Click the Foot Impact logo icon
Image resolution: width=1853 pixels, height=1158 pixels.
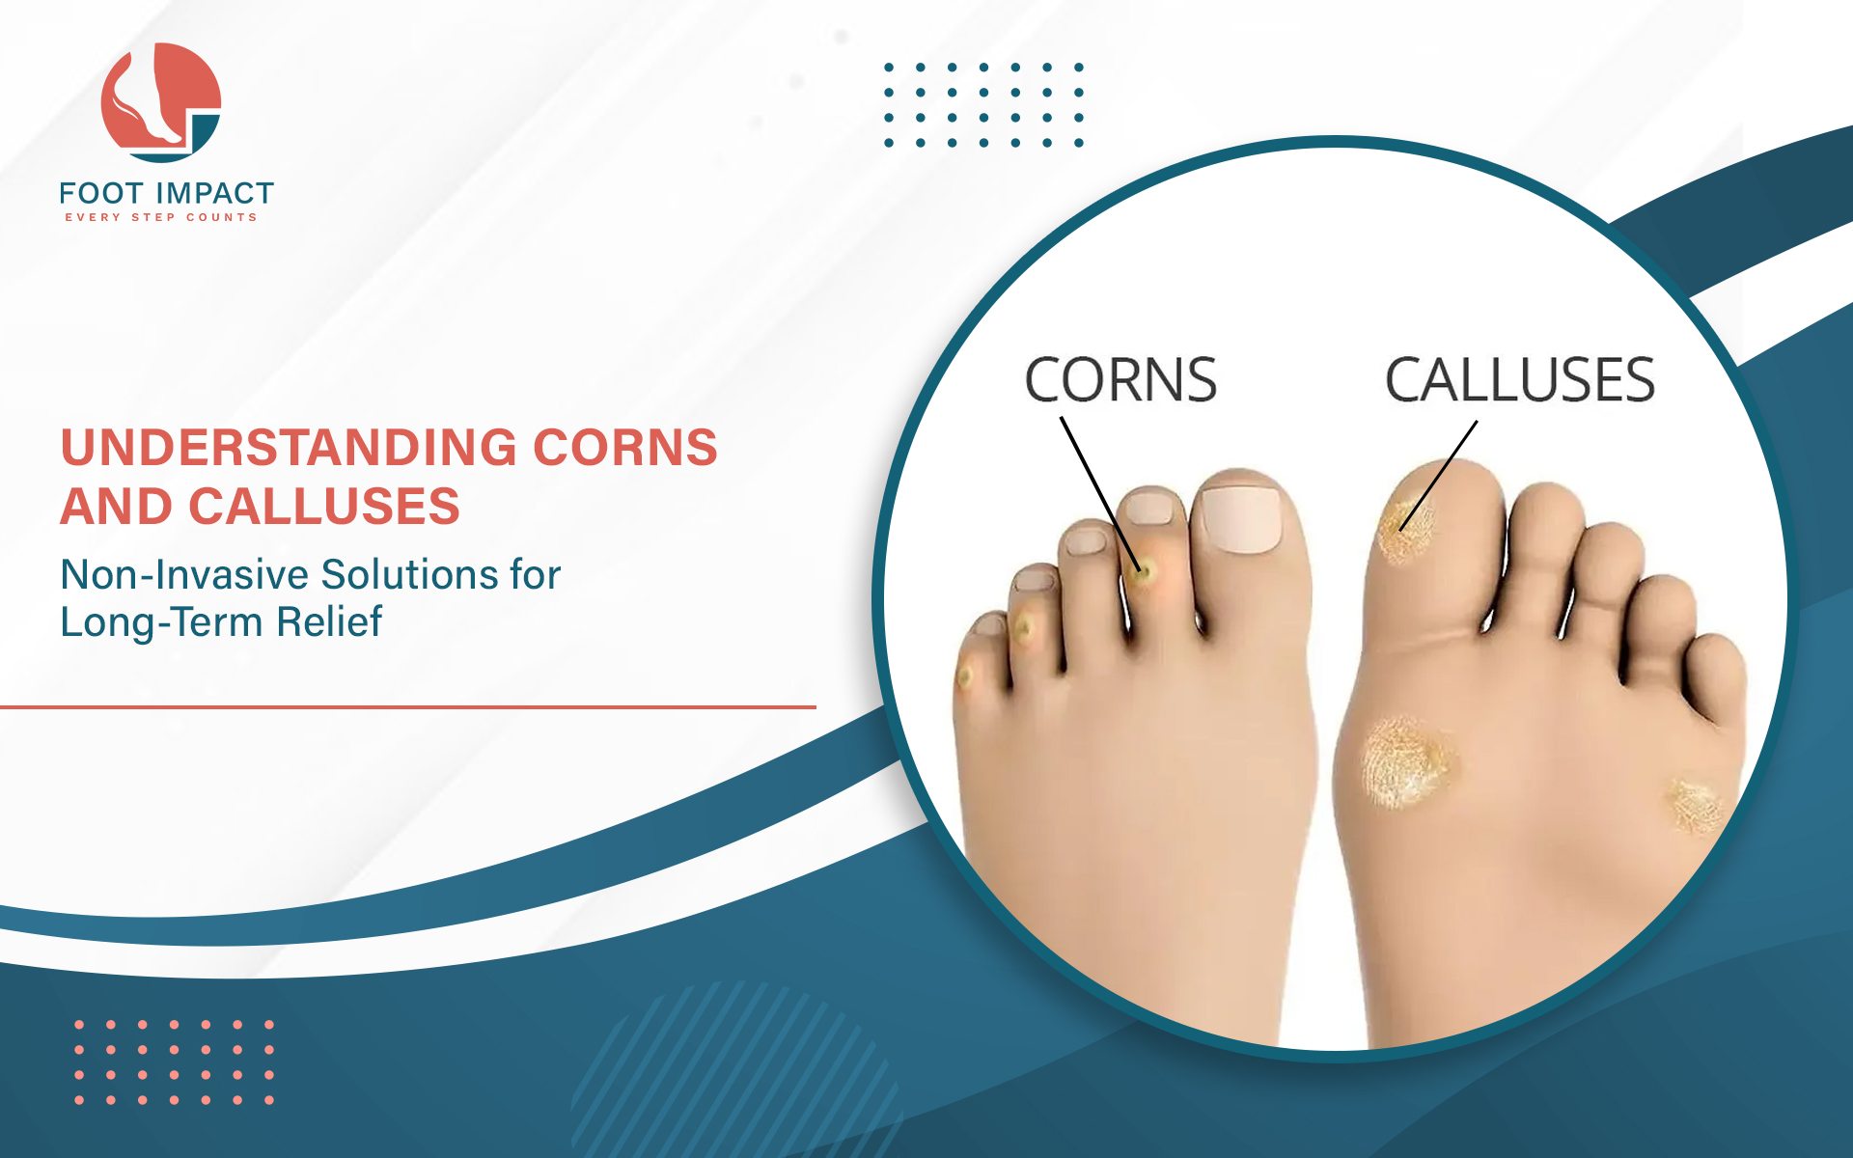[x=161, y=102]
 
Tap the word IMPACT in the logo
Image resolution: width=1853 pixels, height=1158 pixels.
[x=215, y=193]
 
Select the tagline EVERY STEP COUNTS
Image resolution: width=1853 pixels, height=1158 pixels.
[x=161, y=217]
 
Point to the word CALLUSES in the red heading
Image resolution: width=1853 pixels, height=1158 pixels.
[x=324, y=507]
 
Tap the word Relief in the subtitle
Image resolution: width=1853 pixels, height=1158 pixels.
[x=329, y=621]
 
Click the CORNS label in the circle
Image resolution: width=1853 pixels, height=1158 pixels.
[x=1120, y=379]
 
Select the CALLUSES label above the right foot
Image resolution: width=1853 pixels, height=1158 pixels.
[x=1520, y=379]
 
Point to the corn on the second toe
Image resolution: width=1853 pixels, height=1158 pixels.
[x=1145, y=572]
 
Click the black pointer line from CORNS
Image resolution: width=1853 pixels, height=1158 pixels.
[x=1101, y=495]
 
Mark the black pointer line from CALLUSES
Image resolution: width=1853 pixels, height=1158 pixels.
[x=1438, y=476]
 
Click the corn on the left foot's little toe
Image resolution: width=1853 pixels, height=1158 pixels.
[x=964, y=675]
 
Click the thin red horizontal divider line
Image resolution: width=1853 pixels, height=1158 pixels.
[x=408, y=707]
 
